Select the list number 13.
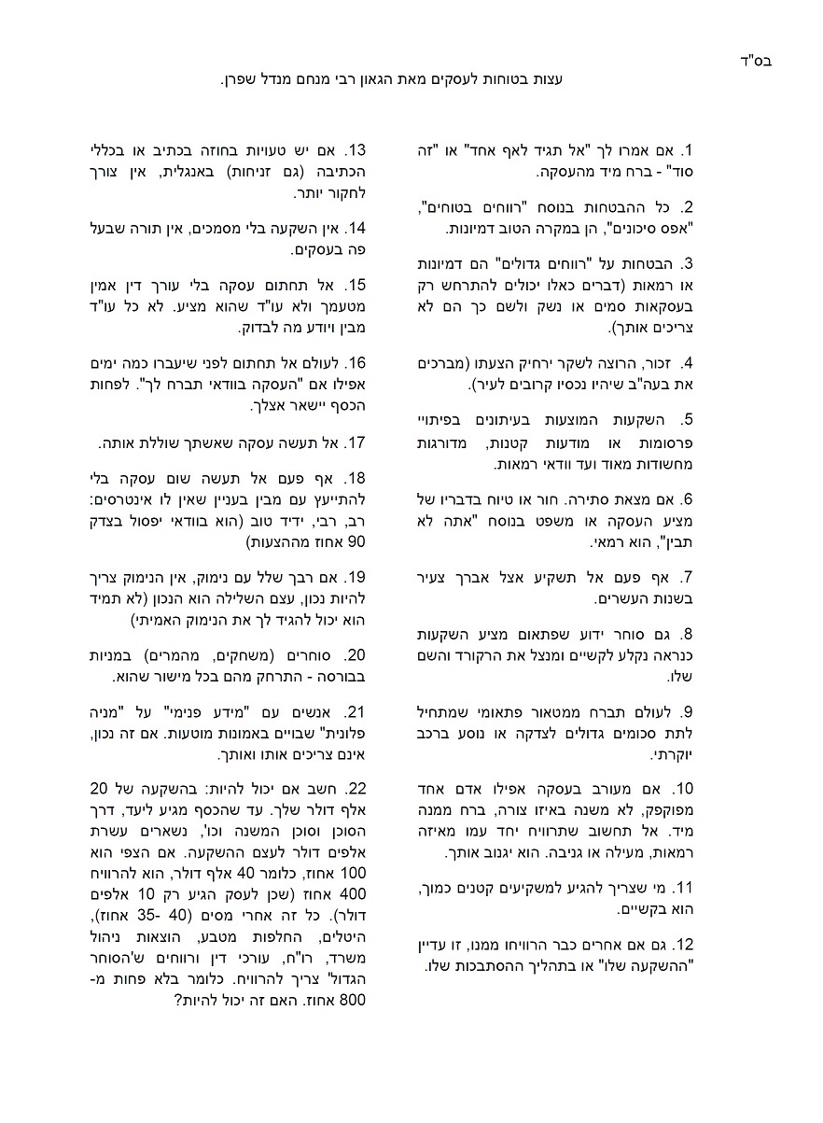point(356,151)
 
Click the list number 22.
point(356,785)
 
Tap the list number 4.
point(687,363)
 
